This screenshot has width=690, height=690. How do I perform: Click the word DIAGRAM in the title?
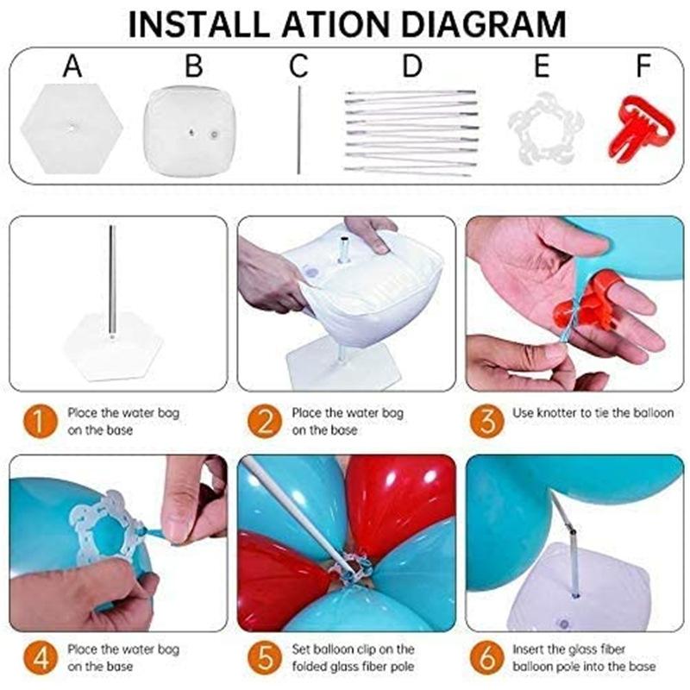(483, 25)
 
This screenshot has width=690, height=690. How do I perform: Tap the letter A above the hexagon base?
(72, 66)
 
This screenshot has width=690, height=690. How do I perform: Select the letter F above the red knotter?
(643, 66)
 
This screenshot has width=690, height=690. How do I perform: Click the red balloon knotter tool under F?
(640, 129)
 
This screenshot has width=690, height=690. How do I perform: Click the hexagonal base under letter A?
(72, 128)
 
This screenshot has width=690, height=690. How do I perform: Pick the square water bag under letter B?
(189, 131)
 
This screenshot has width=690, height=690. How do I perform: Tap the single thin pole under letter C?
(299, 130)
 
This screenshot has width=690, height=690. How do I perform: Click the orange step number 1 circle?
(40, 422)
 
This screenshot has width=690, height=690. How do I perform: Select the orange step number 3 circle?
(486, 422)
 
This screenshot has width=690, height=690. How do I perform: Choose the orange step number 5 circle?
(265, 658)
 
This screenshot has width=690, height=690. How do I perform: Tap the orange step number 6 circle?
(486, 658)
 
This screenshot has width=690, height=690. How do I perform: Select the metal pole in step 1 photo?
(112, 282)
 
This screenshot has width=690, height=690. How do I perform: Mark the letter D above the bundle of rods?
(412, 66)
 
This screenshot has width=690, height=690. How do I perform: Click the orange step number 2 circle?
(265, 422)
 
